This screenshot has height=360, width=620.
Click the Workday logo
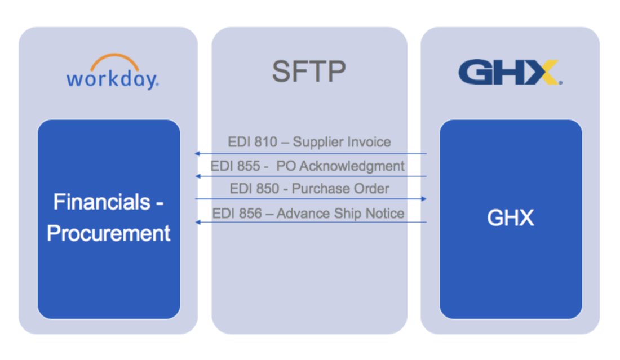[x=112, y=73]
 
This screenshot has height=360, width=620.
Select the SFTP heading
[x=308, y=72]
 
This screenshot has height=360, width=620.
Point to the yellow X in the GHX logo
[x=543, y=73]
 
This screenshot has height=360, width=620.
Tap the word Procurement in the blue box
[x=108, y=233]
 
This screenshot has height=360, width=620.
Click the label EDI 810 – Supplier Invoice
[x=309, y=142]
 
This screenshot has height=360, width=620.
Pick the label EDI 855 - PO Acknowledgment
[x=308, y=166]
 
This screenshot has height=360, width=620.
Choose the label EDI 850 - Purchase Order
[x=309, y=189]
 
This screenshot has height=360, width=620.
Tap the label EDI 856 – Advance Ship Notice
[x=308, y=214]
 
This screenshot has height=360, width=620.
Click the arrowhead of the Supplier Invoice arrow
[x=197, y=153]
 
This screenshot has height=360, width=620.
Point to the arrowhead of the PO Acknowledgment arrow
[x=197, y=176]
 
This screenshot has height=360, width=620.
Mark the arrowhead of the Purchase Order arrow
[x=424, y=199]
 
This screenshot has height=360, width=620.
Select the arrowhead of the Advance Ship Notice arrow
[x=197, y=222]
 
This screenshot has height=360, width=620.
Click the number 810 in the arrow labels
[x=265, y=142]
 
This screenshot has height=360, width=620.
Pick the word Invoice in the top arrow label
[x=368, y=142]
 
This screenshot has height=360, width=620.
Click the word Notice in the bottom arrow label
[x=386, y=214]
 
